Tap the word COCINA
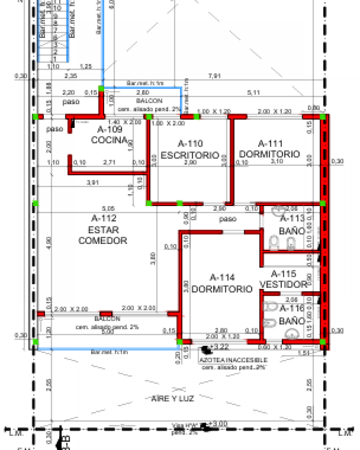pyautogui.click(x=109, y=140)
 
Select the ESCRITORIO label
pyautogui.click(x=190, y=155)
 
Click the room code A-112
pyautogui.click(x=103, y=218)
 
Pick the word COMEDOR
pyautogui.click(x=103, y=241)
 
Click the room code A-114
pyautogui.click(x=222, y=278)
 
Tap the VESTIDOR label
pyautogui.click(x=284, y=285)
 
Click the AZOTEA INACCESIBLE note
pyautogui.click(x=233, y=360)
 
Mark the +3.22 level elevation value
pyautogui.click(x=220, y=347)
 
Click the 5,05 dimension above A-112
pyautogui.click(x=108, y=208)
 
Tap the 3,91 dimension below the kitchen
pyautogui.click(x=92, y=182)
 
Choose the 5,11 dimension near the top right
pyautogui.click(x=253, y=92)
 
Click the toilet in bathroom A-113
pyautogui.click(x=273, y=243)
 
